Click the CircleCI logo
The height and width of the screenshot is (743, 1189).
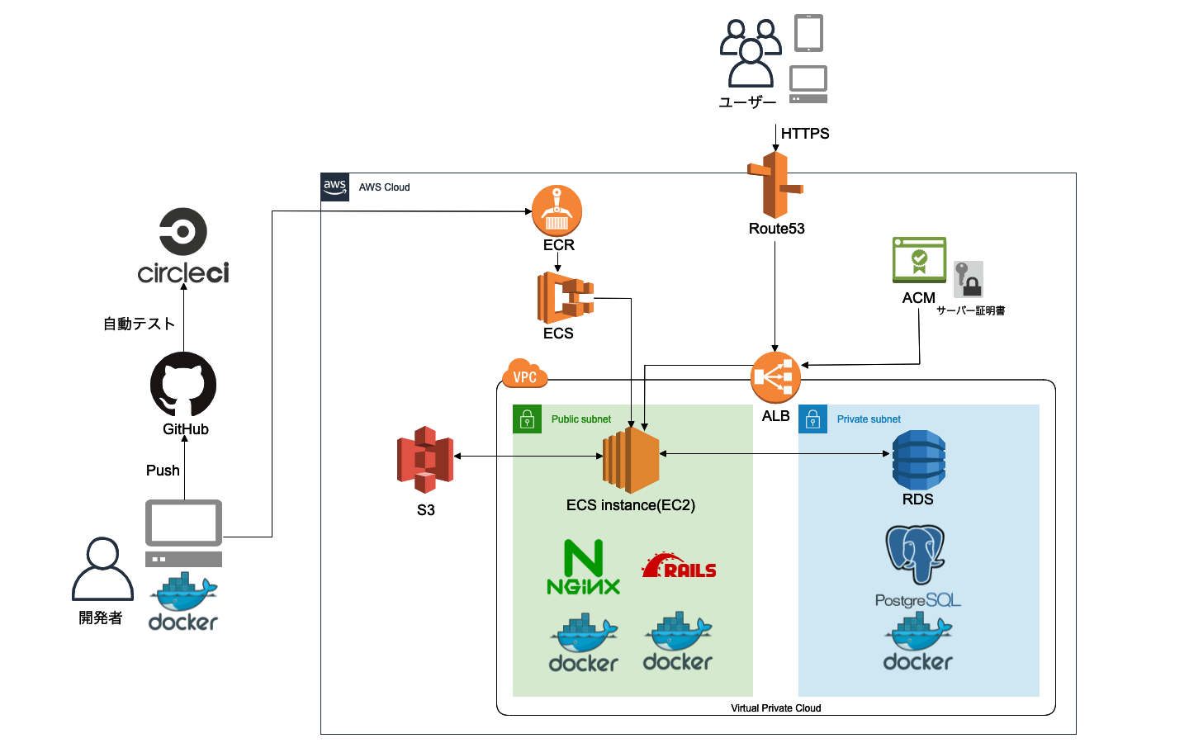click(x=183, y=245)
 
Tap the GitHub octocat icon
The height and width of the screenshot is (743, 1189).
click(x=183, y=385)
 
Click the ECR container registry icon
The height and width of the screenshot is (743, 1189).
click(x=557, y=211)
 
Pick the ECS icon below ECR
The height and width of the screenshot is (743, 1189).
click(x=565, y=298)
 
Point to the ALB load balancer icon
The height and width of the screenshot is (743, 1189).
click(x=775, y=377)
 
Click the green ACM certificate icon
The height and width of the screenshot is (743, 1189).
click(x=919, y=260)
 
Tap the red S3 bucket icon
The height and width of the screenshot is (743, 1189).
click(x=425, y=459)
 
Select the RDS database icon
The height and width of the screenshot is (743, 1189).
click(x=918, y=460)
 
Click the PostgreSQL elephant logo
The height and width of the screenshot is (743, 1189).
click(x=916, y=555)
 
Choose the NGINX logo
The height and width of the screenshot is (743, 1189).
click(x=584, y=567)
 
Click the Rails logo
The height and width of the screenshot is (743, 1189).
click(x=679, y=566)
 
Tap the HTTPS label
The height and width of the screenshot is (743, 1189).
click(x=805, y=134)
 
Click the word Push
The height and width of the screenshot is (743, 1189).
click(x=163, y=471)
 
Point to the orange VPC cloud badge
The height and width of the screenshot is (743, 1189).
click(x=524, y=374)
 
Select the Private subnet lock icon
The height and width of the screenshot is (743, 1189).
click(x=812, y=419)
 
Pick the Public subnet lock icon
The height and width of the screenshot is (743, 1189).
click(x=527, y=419)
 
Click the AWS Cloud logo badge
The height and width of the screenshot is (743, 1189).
click(x=335, y=187)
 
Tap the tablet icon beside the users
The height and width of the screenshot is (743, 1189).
click(x=808, y=33)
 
